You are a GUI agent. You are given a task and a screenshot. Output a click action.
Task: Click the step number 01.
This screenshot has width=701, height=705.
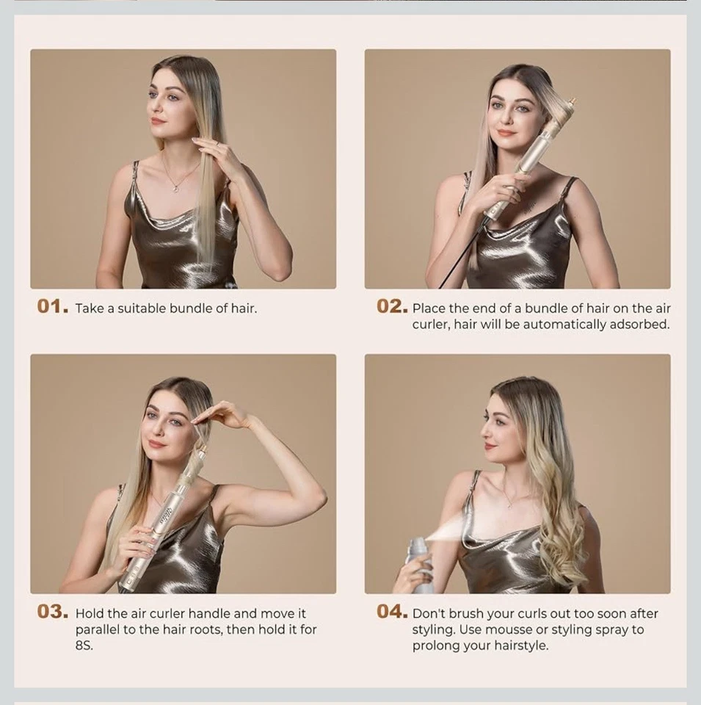pyautogui.click(x=53, y=307)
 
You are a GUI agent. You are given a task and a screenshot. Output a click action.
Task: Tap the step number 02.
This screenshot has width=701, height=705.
pyautogui.click(x=391, y=307)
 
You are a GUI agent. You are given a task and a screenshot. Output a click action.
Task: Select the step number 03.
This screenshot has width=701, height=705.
pyautogui.click(x=54, y=612)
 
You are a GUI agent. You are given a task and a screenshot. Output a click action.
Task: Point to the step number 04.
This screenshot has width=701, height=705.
pyautogui.click(x=392, y=612)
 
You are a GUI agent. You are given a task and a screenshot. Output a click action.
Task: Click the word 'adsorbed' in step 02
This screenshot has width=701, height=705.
pyautogui.click(x=639, y=325)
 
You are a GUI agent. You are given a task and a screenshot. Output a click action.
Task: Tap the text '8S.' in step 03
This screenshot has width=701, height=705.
pyautogui.click(x=84, y=646)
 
